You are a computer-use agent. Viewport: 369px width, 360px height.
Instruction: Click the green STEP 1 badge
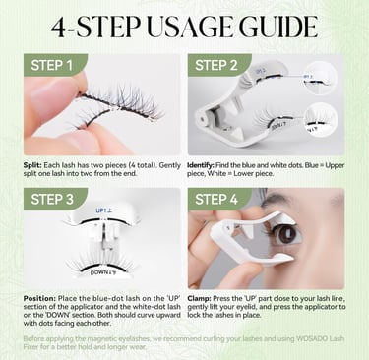tap(52, 65)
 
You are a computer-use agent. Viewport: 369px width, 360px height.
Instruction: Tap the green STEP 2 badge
tap(216, 65)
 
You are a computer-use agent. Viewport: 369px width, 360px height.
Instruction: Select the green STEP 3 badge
tap(52, 199)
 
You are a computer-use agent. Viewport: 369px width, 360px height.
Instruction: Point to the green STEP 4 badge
tap(216, 199)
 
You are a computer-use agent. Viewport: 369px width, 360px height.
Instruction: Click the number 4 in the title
tap(59, 28)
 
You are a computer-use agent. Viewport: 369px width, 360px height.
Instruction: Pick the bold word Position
tap(39, 299)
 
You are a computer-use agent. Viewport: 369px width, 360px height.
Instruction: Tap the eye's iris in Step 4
tap(283, 235)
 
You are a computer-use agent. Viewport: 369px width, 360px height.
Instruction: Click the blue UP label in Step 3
tap(104, 210)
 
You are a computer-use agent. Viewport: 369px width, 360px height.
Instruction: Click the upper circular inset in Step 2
tap(320, 78)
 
